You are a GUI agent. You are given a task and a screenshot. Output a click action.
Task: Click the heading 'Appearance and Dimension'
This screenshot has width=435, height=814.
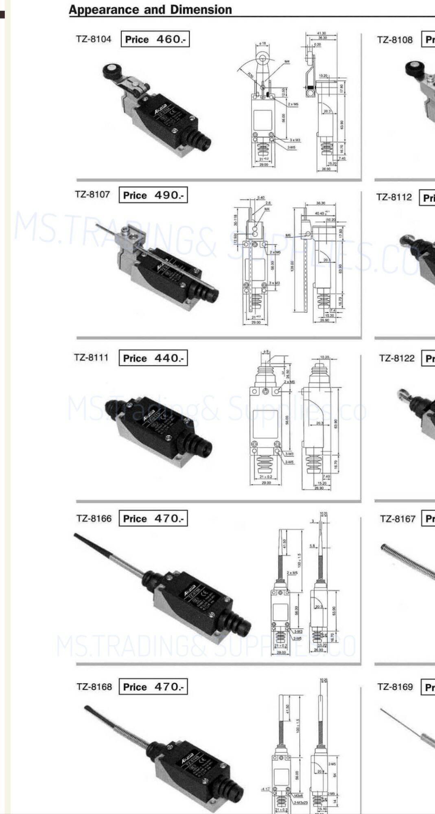coord(150,10)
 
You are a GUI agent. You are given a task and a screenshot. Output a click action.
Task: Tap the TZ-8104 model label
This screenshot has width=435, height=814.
coord(93,39)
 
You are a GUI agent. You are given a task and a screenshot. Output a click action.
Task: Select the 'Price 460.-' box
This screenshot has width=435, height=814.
coord(155,39)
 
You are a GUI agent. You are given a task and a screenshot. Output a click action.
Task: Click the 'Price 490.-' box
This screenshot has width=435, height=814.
coord(153,195)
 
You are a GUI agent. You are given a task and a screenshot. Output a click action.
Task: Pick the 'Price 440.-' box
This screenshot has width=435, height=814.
coord(153,358)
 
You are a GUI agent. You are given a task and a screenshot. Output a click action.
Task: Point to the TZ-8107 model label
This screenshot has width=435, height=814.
coord(92,194)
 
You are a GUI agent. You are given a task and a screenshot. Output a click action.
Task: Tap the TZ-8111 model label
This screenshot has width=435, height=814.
coord(91,358)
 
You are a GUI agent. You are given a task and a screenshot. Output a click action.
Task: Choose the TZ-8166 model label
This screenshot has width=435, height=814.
coord(94,518)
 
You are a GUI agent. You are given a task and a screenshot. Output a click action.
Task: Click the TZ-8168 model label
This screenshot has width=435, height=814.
coord(94,687)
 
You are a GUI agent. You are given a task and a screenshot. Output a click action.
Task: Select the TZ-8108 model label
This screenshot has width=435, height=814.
coord(395,40)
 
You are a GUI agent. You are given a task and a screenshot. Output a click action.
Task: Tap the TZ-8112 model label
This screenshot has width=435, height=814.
coord(394,197)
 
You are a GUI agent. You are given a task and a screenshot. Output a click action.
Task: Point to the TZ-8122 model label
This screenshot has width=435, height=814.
coord(397,358)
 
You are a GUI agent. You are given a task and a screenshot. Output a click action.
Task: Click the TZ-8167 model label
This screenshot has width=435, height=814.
coord(398,519)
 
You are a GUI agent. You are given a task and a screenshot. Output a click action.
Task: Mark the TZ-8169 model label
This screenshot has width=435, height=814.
coord(395,687)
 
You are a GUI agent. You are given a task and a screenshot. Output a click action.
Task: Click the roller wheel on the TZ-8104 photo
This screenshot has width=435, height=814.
coord(110,71)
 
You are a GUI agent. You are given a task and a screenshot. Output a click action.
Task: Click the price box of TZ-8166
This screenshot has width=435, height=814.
coord(153,519)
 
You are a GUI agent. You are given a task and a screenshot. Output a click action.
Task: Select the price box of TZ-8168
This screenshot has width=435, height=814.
coord(153,687)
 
